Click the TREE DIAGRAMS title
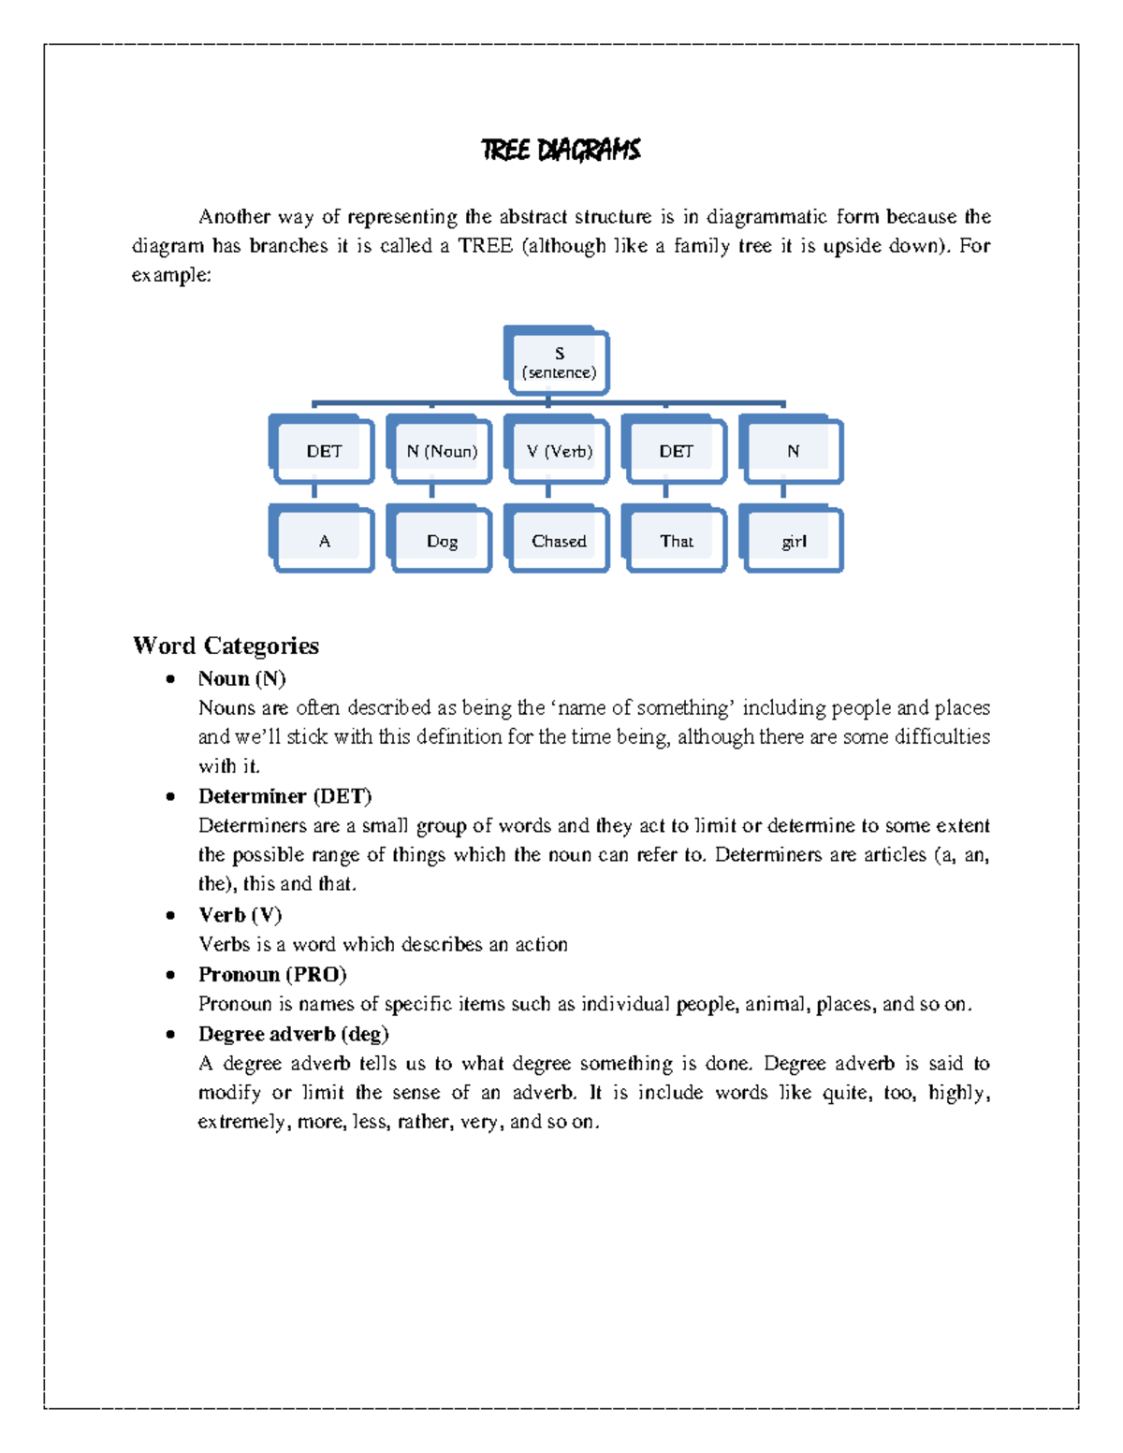click(560, 150)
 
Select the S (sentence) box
click(559, 362)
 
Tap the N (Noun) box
click(441, 452)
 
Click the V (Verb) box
click(559, 452)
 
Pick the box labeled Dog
click(442, 541)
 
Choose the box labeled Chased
click(559, 541)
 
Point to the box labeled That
click(676, 541)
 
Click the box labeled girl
click(794, 541)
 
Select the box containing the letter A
click(324, 541)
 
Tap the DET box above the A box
click(324, 452)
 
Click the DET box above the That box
click(676, 452)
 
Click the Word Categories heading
click(226, 646)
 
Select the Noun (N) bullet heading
click(241, 678)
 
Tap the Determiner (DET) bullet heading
click(284, 796)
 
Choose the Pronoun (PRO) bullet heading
click(271, 975)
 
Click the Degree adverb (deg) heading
click(293, 1034)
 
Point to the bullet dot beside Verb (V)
click(170, 916)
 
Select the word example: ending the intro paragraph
click(171, 275)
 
